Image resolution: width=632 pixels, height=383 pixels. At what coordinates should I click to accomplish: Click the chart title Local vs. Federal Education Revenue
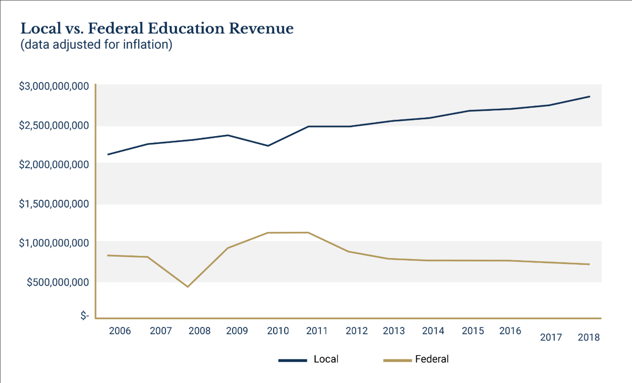click(157, 29)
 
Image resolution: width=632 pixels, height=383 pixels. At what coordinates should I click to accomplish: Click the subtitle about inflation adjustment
click(96, 45)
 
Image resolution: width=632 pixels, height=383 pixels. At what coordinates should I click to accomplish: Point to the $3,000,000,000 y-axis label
click(54, 86)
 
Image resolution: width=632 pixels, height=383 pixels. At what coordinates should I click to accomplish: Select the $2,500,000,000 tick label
click(54, 125)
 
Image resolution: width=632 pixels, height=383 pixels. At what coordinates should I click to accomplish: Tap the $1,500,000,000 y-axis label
click(54, 204)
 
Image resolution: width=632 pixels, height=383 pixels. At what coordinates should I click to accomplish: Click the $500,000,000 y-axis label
click(58, 282)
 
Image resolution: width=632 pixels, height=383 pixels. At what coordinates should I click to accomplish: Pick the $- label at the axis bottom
click(85, 316)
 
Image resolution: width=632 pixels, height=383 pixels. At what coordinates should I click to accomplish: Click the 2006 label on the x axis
click(120, 331)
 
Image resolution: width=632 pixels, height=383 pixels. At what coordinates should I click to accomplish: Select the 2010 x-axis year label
click(278, 331)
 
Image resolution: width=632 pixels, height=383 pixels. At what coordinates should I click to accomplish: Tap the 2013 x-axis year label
click(394, 331)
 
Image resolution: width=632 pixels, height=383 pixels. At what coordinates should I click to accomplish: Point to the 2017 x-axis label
click(551, 337)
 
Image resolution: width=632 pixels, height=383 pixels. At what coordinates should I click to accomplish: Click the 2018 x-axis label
click(589, 337)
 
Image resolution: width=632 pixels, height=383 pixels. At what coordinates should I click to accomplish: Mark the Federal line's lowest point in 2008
click(187, 287)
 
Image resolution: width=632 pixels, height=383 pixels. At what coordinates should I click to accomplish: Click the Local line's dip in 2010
click(268, 146)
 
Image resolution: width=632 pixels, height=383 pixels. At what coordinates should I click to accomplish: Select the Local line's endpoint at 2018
click(590, 96)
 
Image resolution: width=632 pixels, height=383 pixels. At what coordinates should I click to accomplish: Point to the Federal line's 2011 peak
click(308, 233)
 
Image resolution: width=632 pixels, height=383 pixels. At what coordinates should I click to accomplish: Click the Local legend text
click(326, 359)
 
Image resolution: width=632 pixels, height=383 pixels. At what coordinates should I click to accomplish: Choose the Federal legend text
click(432, 359)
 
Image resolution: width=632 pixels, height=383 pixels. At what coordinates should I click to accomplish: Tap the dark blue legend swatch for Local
click(292, 360)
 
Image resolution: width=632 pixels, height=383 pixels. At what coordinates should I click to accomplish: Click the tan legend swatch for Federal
click(397, 360)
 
